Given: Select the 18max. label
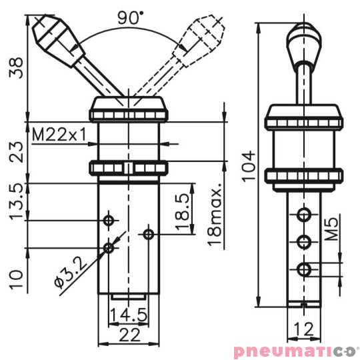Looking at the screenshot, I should [x=215, y=212].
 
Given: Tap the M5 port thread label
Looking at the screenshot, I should [x=331, y=230].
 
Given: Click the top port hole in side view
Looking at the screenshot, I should [x=304, y=214].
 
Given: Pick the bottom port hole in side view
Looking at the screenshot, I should [x=304, y=269].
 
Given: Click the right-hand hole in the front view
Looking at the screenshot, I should [x=149, y=233].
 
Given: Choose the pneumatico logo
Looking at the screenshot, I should [x=295, y=350].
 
